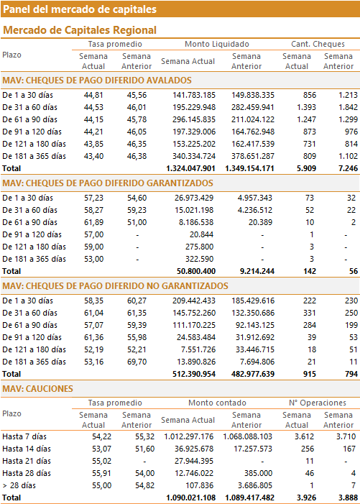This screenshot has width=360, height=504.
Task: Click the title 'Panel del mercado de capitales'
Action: [80, 9]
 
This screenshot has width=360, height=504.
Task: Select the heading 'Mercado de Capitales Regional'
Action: [80, 30]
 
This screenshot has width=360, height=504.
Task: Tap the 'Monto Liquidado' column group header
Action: [217, 44]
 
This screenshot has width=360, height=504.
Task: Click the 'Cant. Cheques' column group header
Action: [318, 44]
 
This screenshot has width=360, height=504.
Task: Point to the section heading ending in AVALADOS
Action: [97, 80]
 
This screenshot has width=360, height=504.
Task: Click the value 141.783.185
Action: [194, 95]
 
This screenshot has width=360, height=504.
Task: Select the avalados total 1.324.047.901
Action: [190, 168]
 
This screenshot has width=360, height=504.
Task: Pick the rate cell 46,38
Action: [137, 156]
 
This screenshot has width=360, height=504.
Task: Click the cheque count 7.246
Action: [348, 168]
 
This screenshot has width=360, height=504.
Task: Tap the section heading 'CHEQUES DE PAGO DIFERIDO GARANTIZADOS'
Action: [108, 183]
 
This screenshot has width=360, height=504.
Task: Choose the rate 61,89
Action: [94, 222]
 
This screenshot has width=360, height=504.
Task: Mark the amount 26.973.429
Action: [194, 198]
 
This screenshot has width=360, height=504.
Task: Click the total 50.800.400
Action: [196, 271]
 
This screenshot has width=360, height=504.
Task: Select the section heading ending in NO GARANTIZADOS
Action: [115, 285]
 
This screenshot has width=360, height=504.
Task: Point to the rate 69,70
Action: [137, 362]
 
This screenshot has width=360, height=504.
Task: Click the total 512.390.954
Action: [194, 374]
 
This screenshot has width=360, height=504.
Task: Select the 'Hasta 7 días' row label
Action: [24, 436]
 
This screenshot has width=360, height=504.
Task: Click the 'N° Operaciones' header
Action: [318, 403]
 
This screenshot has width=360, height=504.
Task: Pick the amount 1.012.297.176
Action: [189, 436]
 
